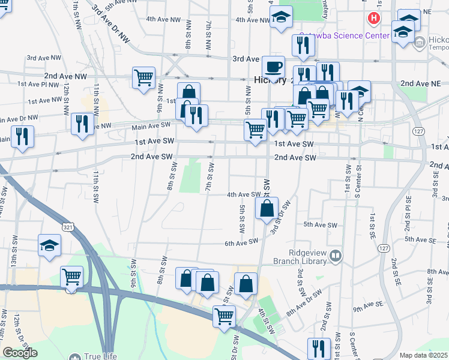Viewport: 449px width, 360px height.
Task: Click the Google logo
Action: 20,353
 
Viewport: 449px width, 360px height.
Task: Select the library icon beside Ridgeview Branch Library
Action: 335,257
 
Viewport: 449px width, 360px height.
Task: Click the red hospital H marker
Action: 374,19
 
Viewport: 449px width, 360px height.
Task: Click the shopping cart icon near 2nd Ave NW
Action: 144,77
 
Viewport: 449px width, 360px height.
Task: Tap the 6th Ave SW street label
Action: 241,242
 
